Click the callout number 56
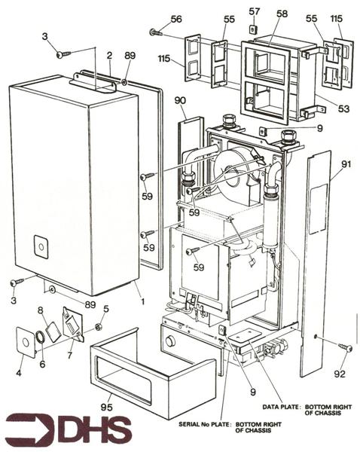(x=176, y=19)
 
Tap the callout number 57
(x=255, y=12)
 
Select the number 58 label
(x=282, y=14)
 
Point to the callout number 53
(x=343, y=108)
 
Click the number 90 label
(x=180, y=101)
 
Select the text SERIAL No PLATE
(x=206, y=423)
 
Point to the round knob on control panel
(x=172, y=341)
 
